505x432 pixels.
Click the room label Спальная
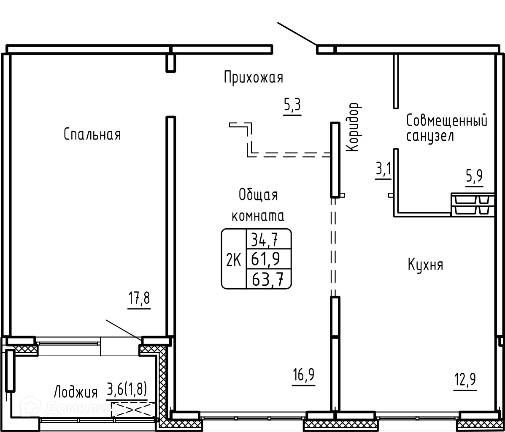[92, 134]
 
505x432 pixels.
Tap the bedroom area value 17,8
[140, 299]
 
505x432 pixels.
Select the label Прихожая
[254, 78]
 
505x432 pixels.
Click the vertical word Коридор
[352, 127]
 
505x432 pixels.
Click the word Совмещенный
[447, 120]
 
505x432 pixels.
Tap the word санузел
[430, 136]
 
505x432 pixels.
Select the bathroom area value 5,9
[474, 176]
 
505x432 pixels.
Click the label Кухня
[425, 265]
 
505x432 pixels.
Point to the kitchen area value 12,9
[465, 380]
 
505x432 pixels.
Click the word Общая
[258, 195]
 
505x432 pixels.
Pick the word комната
[258, 216]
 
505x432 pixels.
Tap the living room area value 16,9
[304, 375]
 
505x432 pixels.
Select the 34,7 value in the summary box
[265, 239]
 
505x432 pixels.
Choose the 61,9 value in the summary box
[265, 258]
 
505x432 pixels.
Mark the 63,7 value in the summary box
[267, 279]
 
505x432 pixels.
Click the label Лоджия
[76, 392]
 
